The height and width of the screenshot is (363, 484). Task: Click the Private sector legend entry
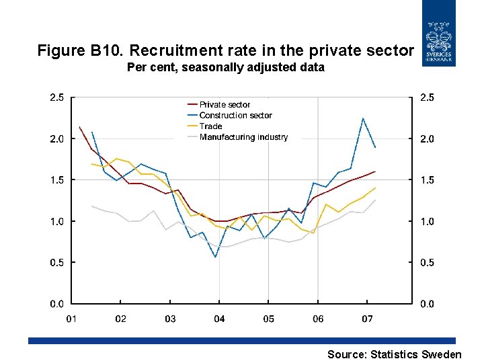[x=225, y=105]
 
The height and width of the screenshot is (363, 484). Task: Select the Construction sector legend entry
[x=235, y=116]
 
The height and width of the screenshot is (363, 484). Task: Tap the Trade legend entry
[x=210, y=126]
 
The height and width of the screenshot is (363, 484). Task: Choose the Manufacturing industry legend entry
[x=243, y=137]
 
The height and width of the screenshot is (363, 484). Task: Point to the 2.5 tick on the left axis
[x=57, y=97]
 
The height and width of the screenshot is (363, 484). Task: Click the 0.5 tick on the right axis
[x=427, y=263]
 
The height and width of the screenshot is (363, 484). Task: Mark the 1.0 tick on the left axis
[x=57, y=221]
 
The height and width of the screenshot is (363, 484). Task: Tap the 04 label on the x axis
[x=219, y=319]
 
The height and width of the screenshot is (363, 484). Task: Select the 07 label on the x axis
[x=368, y=319]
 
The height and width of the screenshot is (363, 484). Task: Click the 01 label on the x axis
[x=71, y=319]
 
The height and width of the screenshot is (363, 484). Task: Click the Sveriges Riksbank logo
[x=438, y=34]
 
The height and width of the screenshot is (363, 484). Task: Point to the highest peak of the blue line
[x=363, y=118]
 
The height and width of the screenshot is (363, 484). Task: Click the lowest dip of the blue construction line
[x=215, y=257]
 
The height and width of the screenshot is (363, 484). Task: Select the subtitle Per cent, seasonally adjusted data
[x=225, y=67]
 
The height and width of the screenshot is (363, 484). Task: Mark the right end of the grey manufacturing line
[x=375, y=200]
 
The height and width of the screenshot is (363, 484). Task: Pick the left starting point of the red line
[x=79, y=126]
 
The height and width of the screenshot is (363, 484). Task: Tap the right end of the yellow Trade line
[x=375, y=188]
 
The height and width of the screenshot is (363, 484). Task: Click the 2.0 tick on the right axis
[x=427, y=139]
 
